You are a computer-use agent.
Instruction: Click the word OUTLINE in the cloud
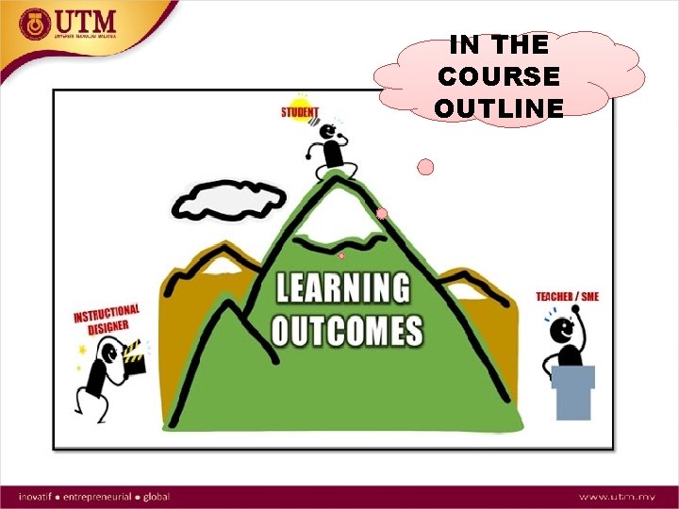[x=499, y=107]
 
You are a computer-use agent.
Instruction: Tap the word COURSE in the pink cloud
[x=499, y=75]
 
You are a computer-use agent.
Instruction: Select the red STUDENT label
[x=300, y=113]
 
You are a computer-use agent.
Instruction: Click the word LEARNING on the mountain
[x=343, y=287]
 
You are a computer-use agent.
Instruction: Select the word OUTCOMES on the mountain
[x=347, y=330]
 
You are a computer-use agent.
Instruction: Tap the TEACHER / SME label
[x=567, y=297]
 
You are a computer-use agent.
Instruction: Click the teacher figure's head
[x=561, y=330]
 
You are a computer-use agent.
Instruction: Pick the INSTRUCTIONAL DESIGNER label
[x=108, y=319]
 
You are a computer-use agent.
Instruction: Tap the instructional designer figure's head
[x=109, y=354]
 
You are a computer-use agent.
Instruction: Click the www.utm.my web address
[x=618, y=496]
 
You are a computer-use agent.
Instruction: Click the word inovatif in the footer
[x=38, y=496]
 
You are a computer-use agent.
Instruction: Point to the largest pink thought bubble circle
[x=425, y=168]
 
